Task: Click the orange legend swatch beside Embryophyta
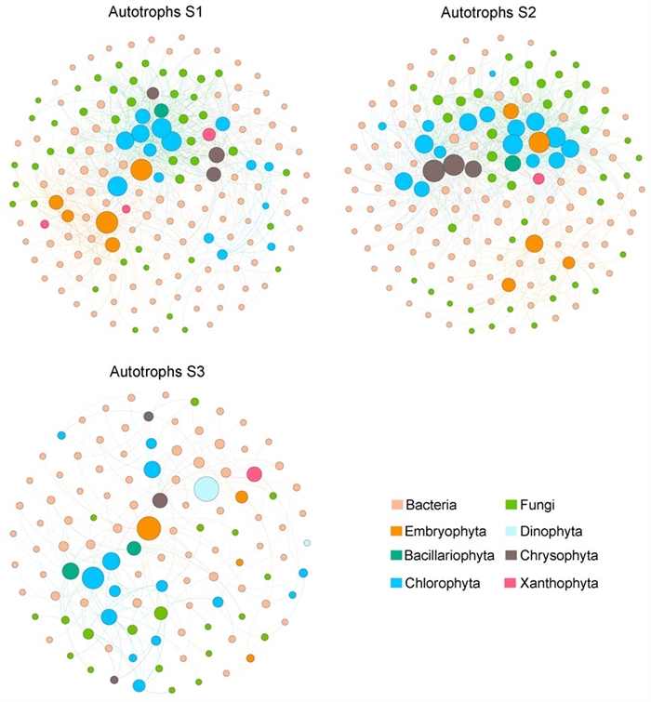(392, 532)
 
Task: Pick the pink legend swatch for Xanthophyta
(504, 584)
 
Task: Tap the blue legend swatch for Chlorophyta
(392, 584)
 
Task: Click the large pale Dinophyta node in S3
(206, 487)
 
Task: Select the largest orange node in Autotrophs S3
(149, 528)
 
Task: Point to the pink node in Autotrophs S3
(254, 474)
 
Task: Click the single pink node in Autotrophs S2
(538, 179)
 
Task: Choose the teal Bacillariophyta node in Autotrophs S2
(512, 164)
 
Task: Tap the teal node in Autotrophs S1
(162, 111)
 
